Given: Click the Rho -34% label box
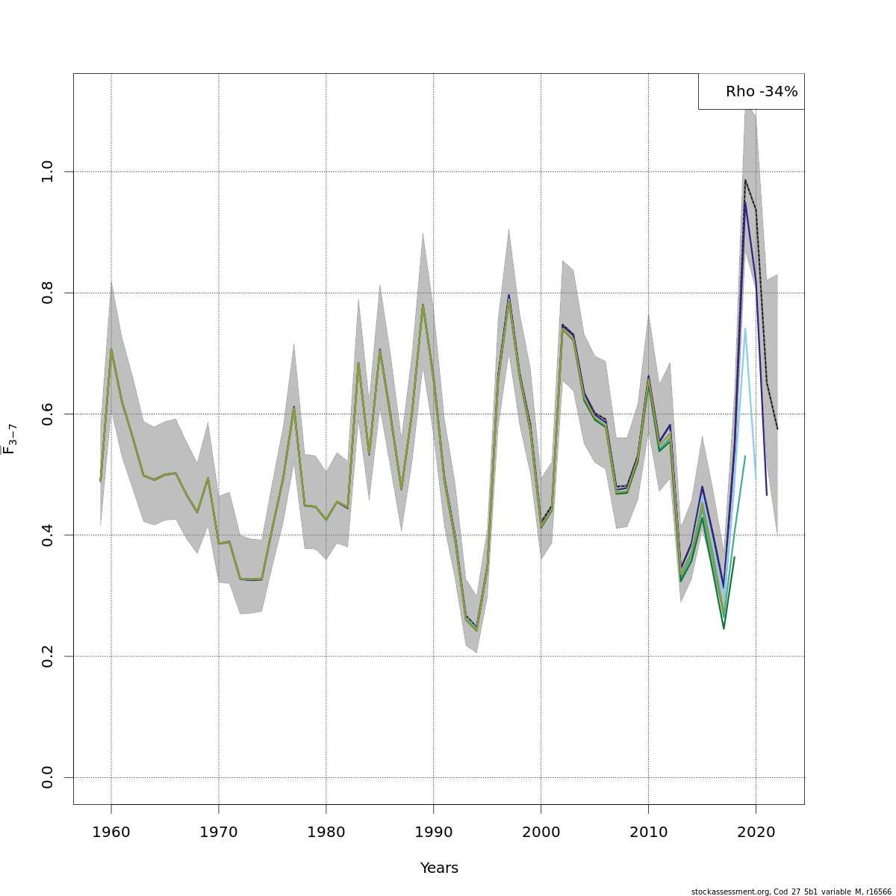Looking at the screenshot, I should [751, 92].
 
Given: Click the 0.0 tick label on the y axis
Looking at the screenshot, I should [48, 777].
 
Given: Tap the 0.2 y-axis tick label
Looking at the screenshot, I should [48, 656].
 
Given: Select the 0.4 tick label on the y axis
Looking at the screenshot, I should [48, 535].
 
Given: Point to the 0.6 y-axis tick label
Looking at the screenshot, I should [48, 414].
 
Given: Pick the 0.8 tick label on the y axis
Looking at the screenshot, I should [48, 293].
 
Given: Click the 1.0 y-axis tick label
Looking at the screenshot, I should [48, 172].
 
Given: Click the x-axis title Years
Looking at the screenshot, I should [439, 868].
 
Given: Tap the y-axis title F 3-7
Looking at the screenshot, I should [10, 439].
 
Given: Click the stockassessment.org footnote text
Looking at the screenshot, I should [791, 892].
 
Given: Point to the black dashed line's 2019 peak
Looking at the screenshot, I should [745, 180].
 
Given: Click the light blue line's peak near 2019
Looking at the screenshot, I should [745, 329].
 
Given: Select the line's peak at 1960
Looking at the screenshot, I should [111, 349].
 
